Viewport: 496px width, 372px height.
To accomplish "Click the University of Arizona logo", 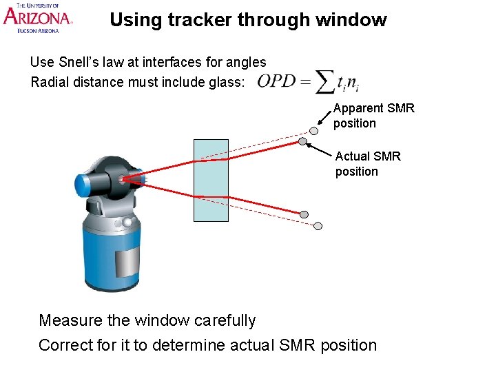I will [38, 18].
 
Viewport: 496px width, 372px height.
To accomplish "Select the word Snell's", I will [80, 62].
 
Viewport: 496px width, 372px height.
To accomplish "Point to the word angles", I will [246, 63].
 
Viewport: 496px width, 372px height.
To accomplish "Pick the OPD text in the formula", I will [276, 81].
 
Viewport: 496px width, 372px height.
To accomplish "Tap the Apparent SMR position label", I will [373, 116].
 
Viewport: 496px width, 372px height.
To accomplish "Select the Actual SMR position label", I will [368, 164].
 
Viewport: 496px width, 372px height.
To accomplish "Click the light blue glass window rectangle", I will [211, 180].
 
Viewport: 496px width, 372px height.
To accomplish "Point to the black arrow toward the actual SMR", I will [321, 151].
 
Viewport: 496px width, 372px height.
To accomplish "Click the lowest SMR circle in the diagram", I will [318, 225].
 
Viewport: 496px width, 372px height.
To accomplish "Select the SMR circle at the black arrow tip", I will [302, 142].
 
